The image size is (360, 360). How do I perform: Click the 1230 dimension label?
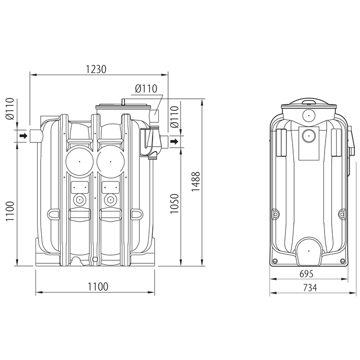(x=96, y=69)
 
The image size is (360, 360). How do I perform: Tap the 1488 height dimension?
(x=196, y=182)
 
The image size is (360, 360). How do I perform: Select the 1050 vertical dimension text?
(x=174, y=204)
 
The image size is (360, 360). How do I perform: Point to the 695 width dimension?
(x=307, y=274)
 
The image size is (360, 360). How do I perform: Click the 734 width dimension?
(x=310, y=287)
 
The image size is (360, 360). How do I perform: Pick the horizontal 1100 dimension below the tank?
(x=98, y=286)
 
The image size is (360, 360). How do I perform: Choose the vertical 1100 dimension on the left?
(x=10, y=211)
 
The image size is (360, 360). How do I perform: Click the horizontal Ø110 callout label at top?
(x=146, y=88)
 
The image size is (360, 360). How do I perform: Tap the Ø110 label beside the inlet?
(x=10, y=109)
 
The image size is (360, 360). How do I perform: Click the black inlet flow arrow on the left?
(x=24, y=136)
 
